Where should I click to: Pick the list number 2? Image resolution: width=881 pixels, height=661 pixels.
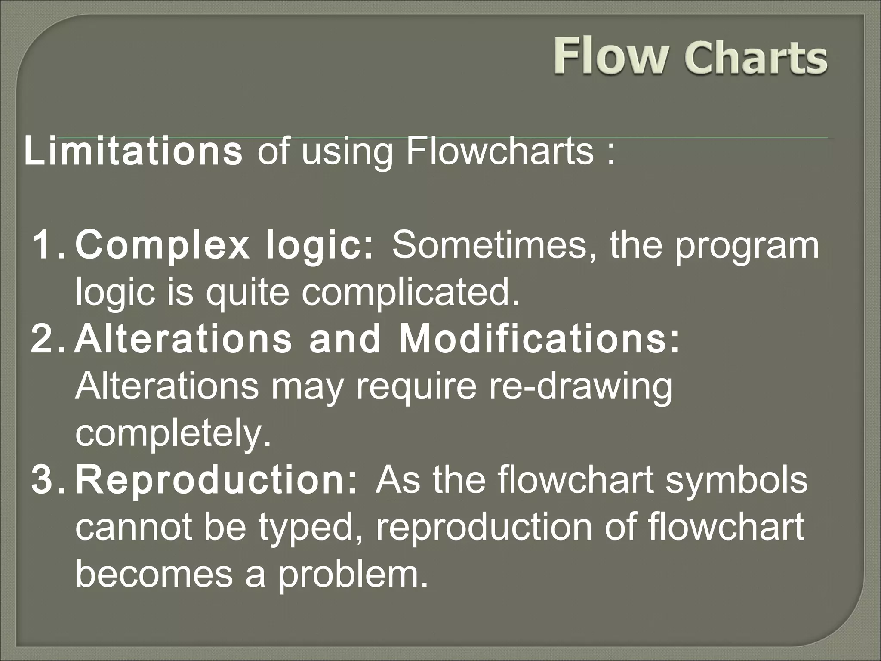(47, 339)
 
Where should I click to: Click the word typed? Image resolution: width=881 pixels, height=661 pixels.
(310, 528)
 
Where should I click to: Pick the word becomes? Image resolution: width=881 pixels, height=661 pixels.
(154, 575)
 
